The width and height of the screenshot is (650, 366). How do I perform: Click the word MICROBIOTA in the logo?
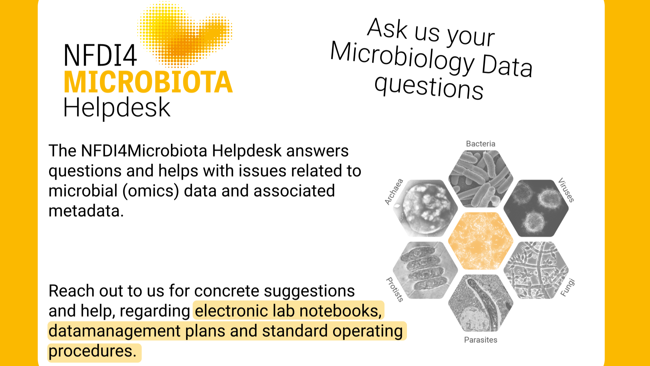148,82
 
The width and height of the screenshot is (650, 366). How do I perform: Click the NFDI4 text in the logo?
100,56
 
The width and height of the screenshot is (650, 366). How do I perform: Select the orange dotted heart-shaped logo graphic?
185,35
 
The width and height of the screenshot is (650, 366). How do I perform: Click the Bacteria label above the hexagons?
480,144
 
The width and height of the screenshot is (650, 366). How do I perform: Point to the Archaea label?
394,192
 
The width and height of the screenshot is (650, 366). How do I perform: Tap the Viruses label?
566,190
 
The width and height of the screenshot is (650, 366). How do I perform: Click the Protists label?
395,289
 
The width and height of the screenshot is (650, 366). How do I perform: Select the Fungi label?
567,287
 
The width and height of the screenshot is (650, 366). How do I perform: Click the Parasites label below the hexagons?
480,340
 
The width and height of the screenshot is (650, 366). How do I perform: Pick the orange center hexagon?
480,241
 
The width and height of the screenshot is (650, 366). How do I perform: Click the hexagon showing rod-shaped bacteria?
480,179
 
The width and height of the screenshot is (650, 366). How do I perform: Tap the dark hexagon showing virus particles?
536,208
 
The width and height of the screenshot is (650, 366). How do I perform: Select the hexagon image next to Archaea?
425,208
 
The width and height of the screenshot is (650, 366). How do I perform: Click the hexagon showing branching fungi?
536,270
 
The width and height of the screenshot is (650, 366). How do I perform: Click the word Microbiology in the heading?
403,58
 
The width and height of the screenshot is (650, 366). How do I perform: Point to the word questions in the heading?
429,87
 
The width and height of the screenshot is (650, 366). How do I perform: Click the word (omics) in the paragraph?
151,191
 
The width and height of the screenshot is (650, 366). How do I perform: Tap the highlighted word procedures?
92,351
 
